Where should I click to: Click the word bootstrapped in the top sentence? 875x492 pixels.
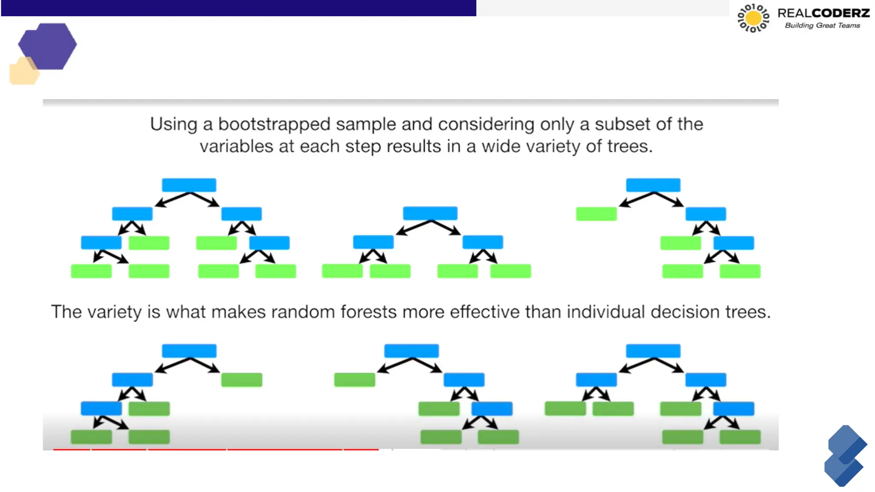tap(274, 124)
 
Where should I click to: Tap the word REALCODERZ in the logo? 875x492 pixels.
tap(823, 13)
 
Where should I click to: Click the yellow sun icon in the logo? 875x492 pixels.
tap(753, 18)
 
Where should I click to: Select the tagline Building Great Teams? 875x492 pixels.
tap(822, 26)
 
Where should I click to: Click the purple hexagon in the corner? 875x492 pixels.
tap(48, 46)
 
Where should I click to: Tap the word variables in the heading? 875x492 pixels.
tap(236, 146)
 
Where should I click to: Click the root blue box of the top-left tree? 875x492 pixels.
tap(189, 185)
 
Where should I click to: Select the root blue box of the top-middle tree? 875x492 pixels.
tap(430, 213)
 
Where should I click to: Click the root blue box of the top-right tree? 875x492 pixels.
tap(653, 185)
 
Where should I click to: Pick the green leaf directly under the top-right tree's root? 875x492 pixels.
tap(596, 214)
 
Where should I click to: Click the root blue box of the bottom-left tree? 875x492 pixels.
tap(189, 351)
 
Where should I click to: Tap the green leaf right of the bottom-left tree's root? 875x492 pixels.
tap(241, 380)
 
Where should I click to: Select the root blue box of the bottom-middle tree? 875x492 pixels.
tap(411, 351)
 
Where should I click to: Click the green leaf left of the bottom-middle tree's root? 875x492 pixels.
tap(354, 380)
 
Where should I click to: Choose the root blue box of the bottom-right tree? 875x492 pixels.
tap(653, 351)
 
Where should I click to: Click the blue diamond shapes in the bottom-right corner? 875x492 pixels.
tap(845, 456)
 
